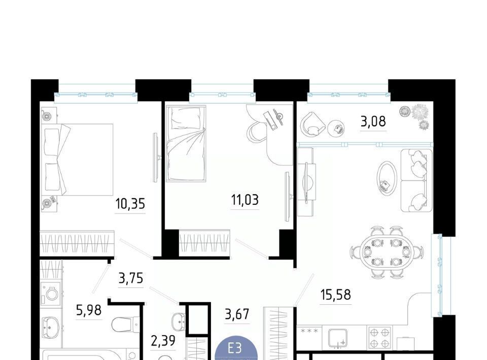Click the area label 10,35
(x=130, y=204)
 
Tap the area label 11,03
(x=245, y=200)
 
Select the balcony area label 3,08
(x=373, y=121)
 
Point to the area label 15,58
(x=335, y=295)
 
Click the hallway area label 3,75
(x=131, y=278)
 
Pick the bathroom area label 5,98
(x=89, y=310)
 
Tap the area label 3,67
(x=237, y=314)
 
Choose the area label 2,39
(x=163, y=341)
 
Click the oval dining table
(x=387, y=252)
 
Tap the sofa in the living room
(x=416, y=181)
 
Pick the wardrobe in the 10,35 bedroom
(x=77, y=243)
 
